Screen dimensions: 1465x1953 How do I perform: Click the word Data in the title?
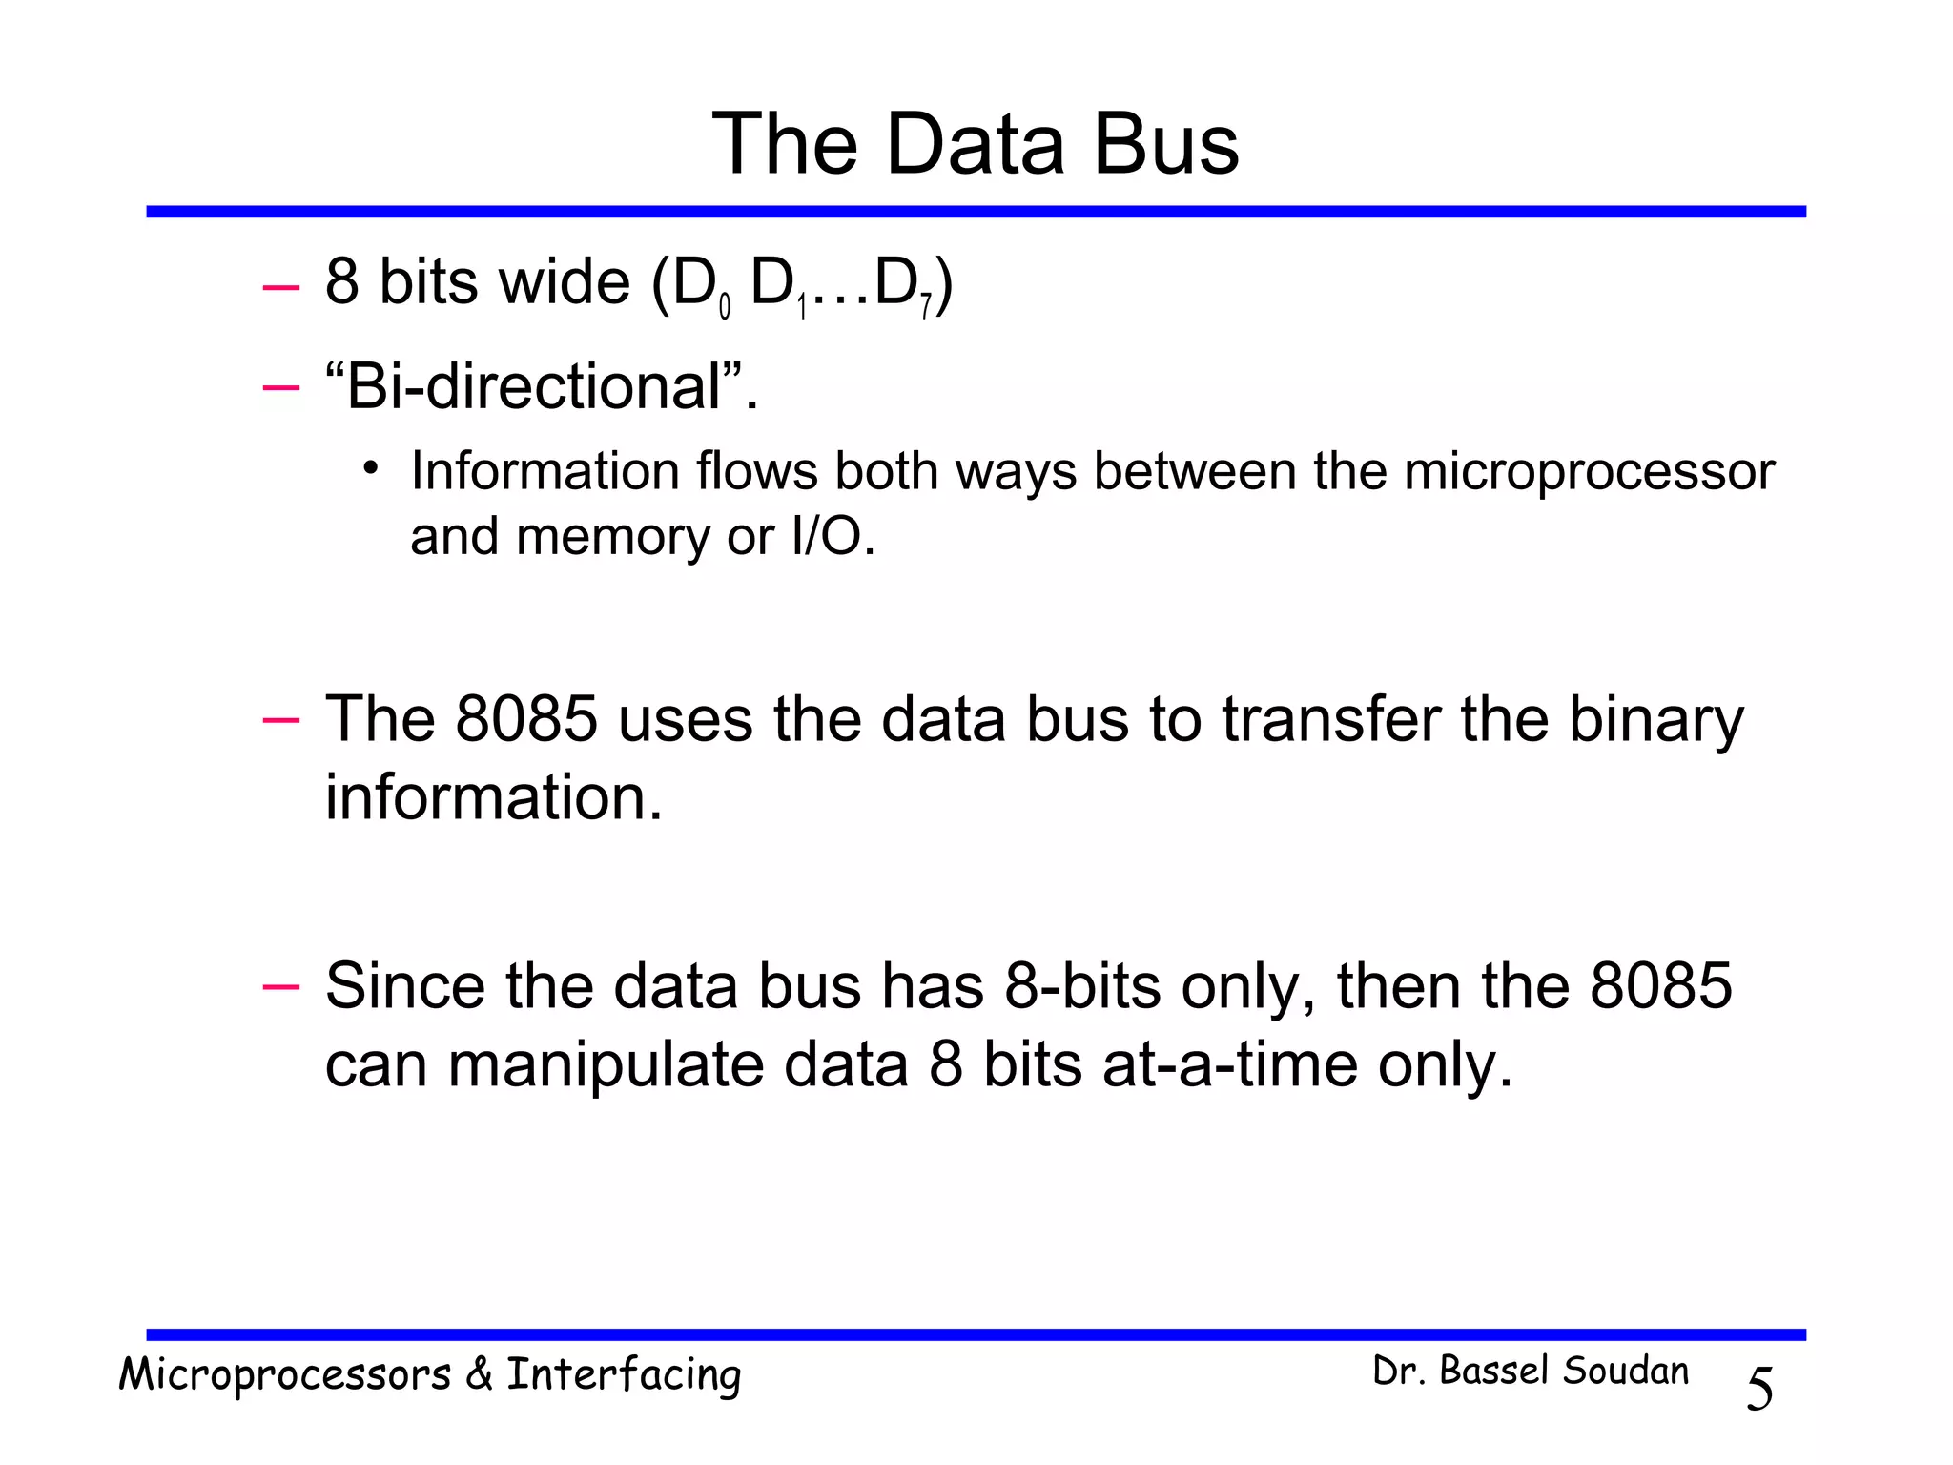[975, 144]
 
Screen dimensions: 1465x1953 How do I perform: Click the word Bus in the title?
[1165, 144]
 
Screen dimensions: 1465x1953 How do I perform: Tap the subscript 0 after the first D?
[724, 307]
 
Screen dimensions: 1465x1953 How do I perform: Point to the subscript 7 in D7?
[925, 307]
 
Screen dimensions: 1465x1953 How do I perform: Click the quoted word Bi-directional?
[534, 387]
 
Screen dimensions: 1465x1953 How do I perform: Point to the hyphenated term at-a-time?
[1230, 1064]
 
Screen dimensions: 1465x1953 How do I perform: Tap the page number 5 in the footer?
[1759, 1389]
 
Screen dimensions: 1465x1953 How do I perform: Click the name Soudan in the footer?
[1625, 1372]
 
